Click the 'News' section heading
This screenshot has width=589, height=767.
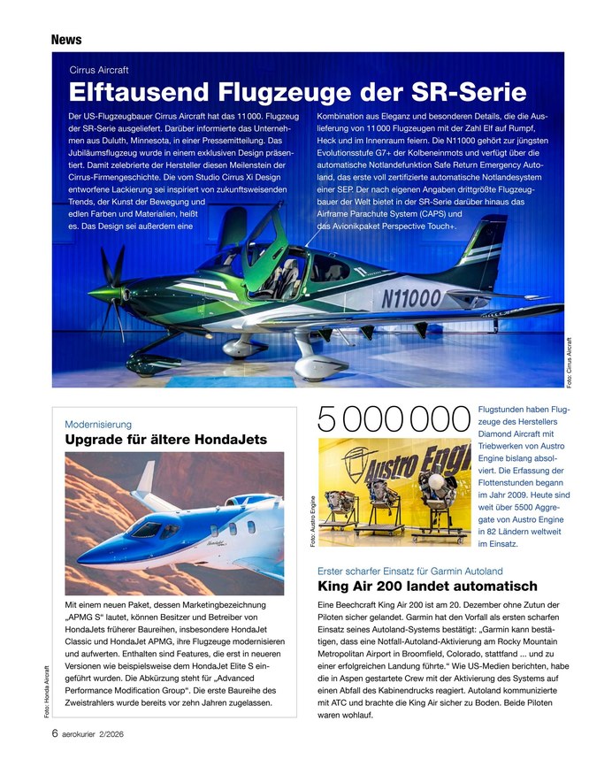tap(66, 40)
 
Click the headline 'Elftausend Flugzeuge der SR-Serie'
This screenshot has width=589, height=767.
tap(297, 92)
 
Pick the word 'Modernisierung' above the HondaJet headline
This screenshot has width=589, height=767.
tap(99, 424)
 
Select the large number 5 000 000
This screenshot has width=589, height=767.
tap(394, 419)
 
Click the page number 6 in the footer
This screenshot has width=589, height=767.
tap(55, 733)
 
